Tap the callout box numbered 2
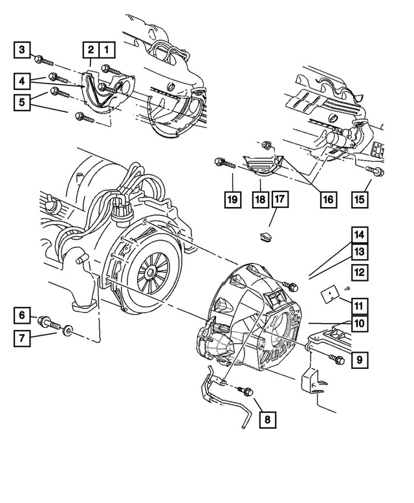tap(91, 49)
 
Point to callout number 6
tap(21, 315)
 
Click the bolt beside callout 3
tap(45, 60)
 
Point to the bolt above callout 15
tap(375, 171)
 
